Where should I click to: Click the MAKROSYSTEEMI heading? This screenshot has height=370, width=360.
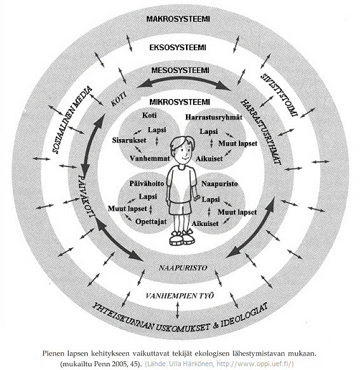tap(178, 19)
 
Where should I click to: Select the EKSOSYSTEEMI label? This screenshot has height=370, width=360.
tap(178, 48)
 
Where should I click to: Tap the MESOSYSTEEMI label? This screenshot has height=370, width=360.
tap(180, 70)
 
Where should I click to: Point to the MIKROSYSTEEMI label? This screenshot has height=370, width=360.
tap(180, 102)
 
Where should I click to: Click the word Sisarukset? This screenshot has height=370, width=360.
tap(129, 140)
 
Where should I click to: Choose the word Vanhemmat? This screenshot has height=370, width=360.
tap(150, 158)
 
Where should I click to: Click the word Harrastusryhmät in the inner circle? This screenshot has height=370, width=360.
tap(213, 117)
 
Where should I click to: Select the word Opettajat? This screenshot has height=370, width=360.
tap(151, 221)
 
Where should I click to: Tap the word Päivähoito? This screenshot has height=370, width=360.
tap(147, 183)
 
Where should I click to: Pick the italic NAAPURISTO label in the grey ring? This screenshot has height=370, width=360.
tap(183, 268)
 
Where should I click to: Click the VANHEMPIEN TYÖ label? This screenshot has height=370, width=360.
tap(180, 296)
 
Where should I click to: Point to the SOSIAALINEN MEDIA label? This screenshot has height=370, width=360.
tap(72, 120)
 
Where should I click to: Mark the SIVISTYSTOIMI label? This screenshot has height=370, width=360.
tap(279, 95)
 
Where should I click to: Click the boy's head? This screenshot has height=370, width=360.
tap(183, 150)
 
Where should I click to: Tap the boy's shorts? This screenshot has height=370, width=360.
tap(180, 208)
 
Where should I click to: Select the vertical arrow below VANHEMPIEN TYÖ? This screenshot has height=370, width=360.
tap(178, 310)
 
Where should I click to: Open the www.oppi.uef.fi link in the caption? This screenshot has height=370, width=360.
tap(255, 364)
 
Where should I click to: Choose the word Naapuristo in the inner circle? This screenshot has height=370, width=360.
tap(219, 183)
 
